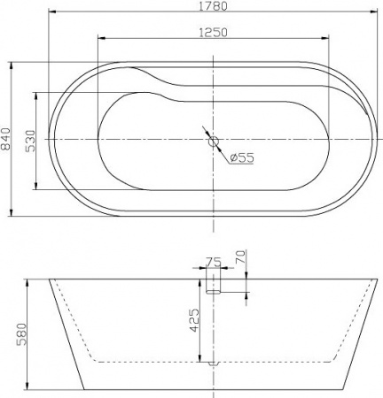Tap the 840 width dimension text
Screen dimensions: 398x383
pos(6,139)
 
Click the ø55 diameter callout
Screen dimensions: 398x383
pos(242,157)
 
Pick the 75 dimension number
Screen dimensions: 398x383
pos(213,262)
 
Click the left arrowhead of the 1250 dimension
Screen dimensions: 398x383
pos(98,39)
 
